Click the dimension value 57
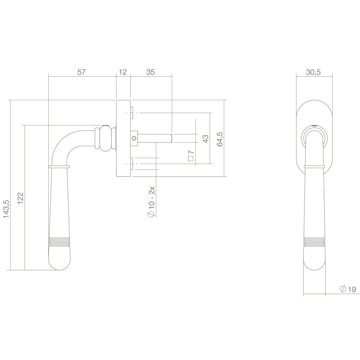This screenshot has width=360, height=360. pyautogui.click(x=82, y=72)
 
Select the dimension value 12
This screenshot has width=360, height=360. pyautogui.click(x=123, y=72)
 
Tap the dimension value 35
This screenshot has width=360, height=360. pyautogui.click(x=151, y=72)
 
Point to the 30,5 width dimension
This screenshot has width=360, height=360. pyautogui.click(x=314, y=72)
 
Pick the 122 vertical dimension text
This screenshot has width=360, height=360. pyautogui.click(x=21, y=198)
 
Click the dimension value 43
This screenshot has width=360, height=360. pyautogui.click(x=206, y=139)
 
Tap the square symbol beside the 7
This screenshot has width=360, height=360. pyautogui.click(x=190, y=159)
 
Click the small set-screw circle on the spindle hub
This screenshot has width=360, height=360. pyautogui.click(x=134, y=138)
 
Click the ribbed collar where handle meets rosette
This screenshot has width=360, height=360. pyautogui.click(x=105, y=138)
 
